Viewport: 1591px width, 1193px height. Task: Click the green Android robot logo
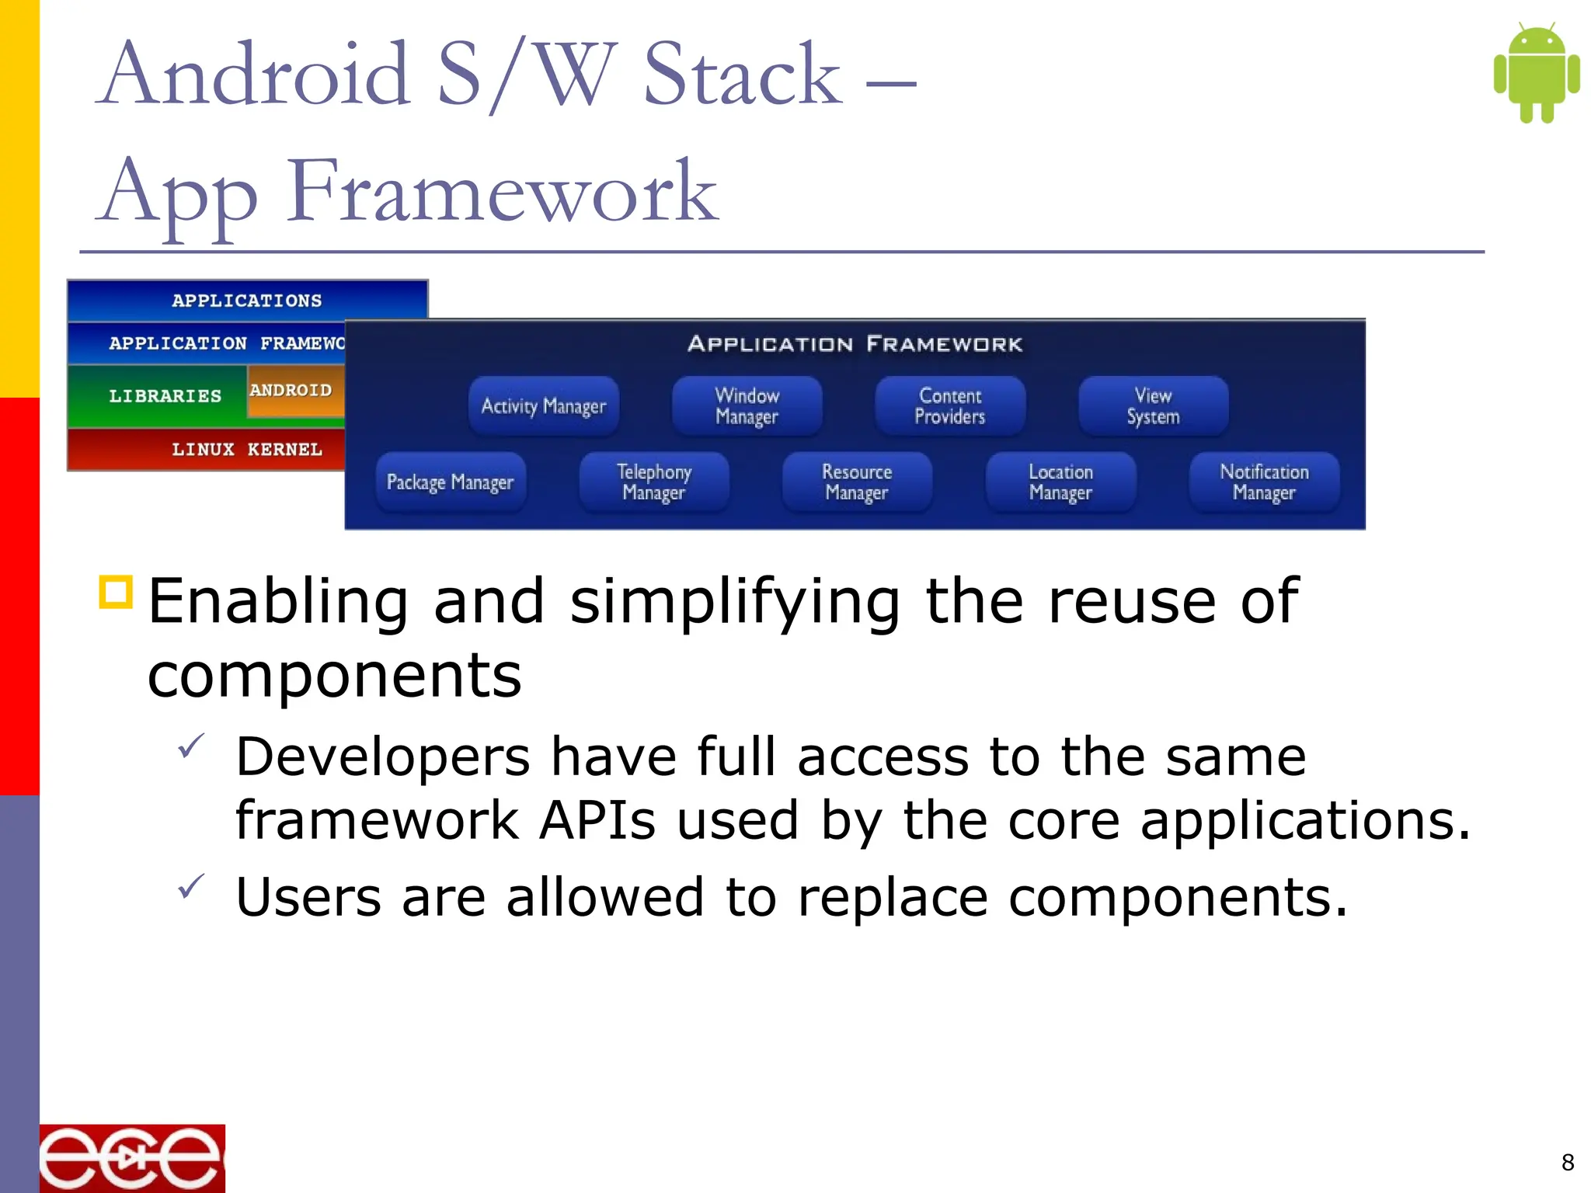tap(1536, 73)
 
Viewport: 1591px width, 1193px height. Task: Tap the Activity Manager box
tap(543, 406)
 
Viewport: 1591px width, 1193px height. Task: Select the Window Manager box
tap(747, 406)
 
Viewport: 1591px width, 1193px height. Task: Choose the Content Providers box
tap(949, 406)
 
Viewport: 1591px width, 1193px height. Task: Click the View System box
tap(1153, 406)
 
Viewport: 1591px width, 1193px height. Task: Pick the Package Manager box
tap(450, 482)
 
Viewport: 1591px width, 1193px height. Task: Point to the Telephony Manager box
tap(654, 482)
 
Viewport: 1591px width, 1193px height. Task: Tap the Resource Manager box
tap(857, 482)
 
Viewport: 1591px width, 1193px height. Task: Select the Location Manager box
tap(1060, 482)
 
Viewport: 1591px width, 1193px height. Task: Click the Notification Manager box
tap(1264, 482)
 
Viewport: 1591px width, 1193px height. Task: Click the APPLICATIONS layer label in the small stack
tap(246, 301)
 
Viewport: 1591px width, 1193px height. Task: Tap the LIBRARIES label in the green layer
tap(165, 396)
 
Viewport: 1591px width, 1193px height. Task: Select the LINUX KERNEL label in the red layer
tap(246, 450)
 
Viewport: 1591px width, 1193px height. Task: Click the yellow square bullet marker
tap(117, 592)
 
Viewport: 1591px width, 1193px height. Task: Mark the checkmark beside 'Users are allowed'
tap(190, 886)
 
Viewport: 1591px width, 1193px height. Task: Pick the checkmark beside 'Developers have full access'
tap(190, 746)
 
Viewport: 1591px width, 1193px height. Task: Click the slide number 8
tap(1568, 1162)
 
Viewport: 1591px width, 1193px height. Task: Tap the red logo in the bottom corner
tap(132, 1158)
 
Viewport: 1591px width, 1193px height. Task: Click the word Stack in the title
tap(742, 75)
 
